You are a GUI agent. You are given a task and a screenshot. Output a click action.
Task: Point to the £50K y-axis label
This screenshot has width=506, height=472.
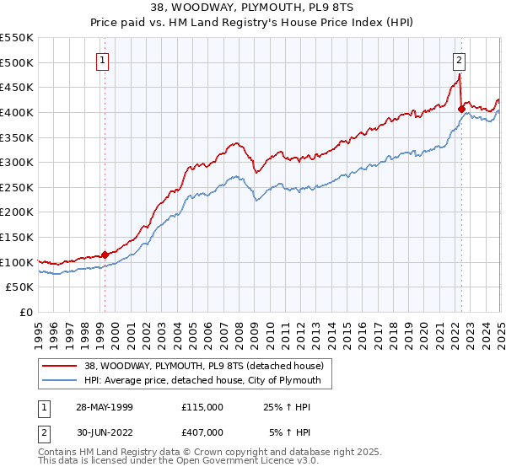click(x=19, y=287)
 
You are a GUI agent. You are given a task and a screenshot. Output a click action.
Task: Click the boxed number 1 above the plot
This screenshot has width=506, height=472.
click(x=102, y=60)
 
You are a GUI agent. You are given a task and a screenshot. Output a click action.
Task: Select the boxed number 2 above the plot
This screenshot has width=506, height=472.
click(x=459, y=60)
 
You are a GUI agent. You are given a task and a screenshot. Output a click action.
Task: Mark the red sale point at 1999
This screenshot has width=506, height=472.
click(x=105, y=254)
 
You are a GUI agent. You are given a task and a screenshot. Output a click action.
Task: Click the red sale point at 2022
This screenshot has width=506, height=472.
click(x=461, y=108)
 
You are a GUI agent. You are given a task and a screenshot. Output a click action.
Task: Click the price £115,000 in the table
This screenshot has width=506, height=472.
click(x=202, y=407)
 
